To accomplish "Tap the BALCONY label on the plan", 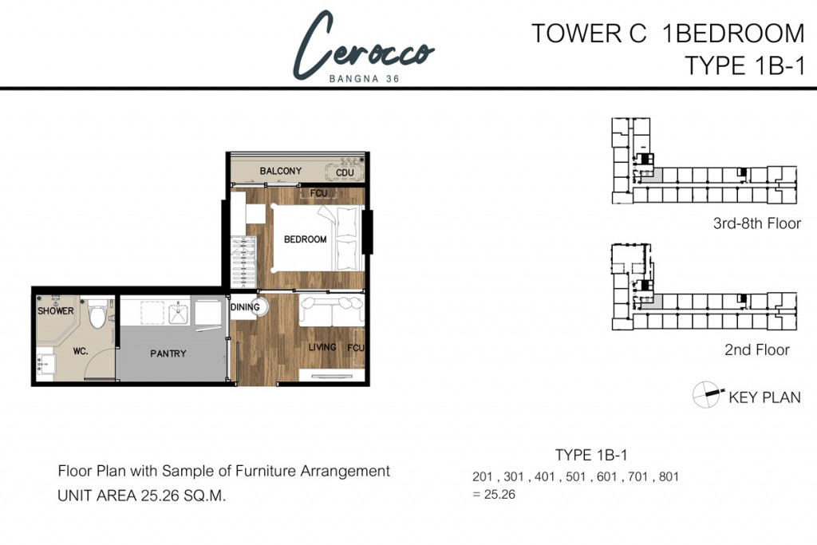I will click(281, 171).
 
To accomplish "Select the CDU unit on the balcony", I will click(344, 172).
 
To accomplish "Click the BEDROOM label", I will click(306, 239).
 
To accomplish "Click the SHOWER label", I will click(56, 311).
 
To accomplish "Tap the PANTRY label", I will click(168, 353).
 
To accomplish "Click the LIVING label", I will click(322, 347).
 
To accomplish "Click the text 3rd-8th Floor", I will click(756, 223).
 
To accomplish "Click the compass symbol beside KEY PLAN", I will click(707, 394).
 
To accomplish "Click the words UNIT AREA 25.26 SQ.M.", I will click(142, 496).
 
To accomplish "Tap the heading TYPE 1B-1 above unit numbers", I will click(591, 456).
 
